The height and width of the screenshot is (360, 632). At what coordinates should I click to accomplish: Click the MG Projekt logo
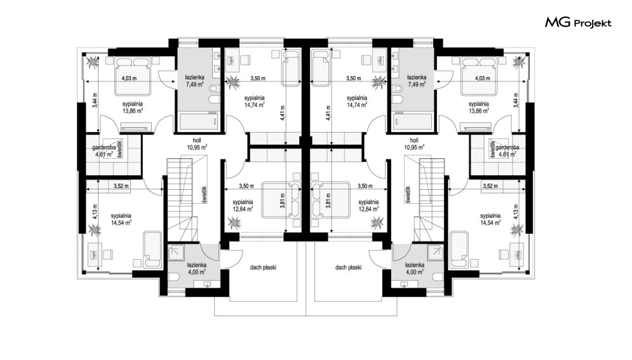[578, 23]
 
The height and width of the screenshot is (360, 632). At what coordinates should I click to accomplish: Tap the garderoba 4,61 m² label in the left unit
[104, 150]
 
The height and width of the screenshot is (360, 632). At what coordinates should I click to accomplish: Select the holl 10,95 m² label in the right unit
[414, 143]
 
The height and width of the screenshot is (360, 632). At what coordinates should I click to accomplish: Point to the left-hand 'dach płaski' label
[263, 267]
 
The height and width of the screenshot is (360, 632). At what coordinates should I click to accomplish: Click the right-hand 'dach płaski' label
[348, 267]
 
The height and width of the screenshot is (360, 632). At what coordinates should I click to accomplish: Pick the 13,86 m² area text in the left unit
[133, 110]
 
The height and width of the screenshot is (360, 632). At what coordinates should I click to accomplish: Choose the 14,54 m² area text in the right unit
[490, 222]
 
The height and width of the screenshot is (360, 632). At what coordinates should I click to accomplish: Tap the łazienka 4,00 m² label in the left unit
[197, 269]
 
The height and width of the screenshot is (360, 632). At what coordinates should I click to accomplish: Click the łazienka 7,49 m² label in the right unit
[417, 81]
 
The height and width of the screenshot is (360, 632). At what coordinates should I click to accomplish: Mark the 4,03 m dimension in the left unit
[129, 79]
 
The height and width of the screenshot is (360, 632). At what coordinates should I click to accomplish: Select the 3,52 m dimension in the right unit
[490, 185]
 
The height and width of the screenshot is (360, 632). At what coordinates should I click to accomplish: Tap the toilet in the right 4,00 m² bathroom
[438, 277]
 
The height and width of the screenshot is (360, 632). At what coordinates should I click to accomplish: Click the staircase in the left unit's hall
[182, 199]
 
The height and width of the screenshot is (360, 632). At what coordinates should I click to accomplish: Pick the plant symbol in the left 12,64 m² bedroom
[234, 222]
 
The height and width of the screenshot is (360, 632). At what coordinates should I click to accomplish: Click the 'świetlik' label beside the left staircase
[205, 194]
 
